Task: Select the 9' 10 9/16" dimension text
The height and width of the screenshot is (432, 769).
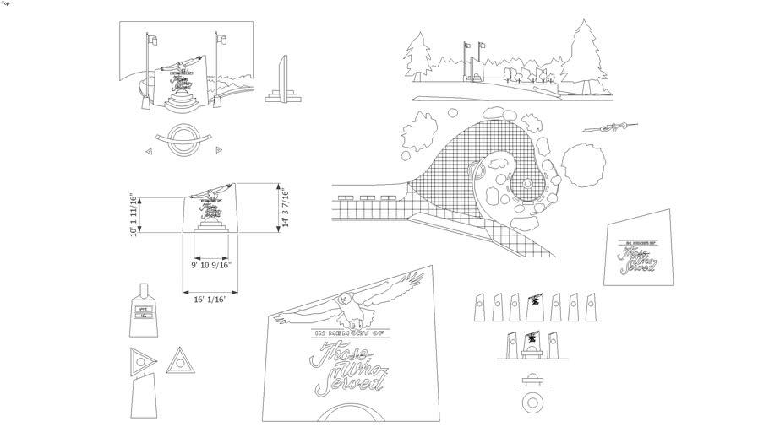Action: [210, 265]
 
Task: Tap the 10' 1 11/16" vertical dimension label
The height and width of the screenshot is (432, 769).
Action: [134, 216]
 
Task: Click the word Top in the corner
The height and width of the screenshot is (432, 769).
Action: [8, 4]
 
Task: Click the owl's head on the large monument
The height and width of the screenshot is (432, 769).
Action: [344, 299]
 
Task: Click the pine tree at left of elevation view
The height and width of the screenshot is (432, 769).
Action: [417, 55]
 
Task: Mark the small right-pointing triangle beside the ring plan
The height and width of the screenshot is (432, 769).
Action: [219, 150]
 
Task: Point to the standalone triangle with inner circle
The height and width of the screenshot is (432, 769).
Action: [178, 362]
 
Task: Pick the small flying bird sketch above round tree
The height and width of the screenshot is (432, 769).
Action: [605, 127]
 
